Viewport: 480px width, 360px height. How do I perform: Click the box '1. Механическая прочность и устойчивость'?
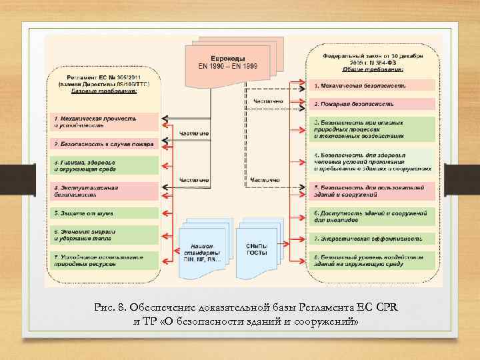(x=103, y=121)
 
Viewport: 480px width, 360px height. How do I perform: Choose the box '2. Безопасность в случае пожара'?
(x=103, y=143)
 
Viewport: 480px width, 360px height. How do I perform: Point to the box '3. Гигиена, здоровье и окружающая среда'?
(x=103, y=165)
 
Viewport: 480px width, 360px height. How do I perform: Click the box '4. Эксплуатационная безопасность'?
(x=103, y=191)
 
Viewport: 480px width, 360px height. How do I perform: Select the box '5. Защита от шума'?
(x=103, y=213)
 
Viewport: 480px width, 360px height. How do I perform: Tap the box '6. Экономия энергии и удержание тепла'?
(x=103, y=235)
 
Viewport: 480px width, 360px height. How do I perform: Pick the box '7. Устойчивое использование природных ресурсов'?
(x=103, y=260)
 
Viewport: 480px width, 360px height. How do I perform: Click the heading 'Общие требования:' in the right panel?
(x=373, y=69)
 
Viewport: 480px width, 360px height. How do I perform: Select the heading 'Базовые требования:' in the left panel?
(x=103, y=91)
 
